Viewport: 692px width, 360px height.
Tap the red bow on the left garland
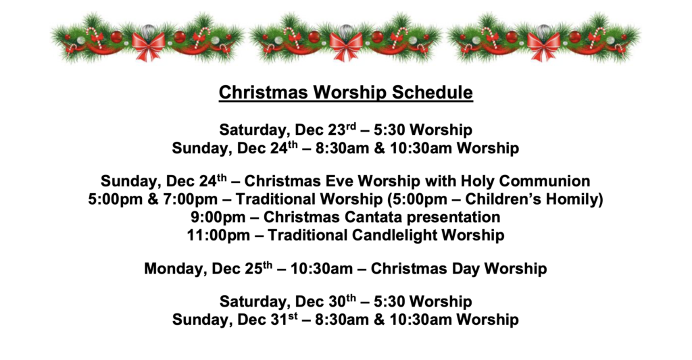click(148, 46)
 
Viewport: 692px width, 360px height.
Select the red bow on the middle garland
click(347, 46)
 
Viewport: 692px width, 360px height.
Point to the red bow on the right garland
click(544, 46)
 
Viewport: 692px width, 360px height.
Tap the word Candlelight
click(394, 235)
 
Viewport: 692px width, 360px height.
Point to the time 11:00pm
click(218, 235)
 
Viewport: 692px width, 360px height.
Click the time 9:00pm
click(218, 217)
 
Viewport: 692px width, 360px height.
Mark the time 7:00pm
click(191, 199)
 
